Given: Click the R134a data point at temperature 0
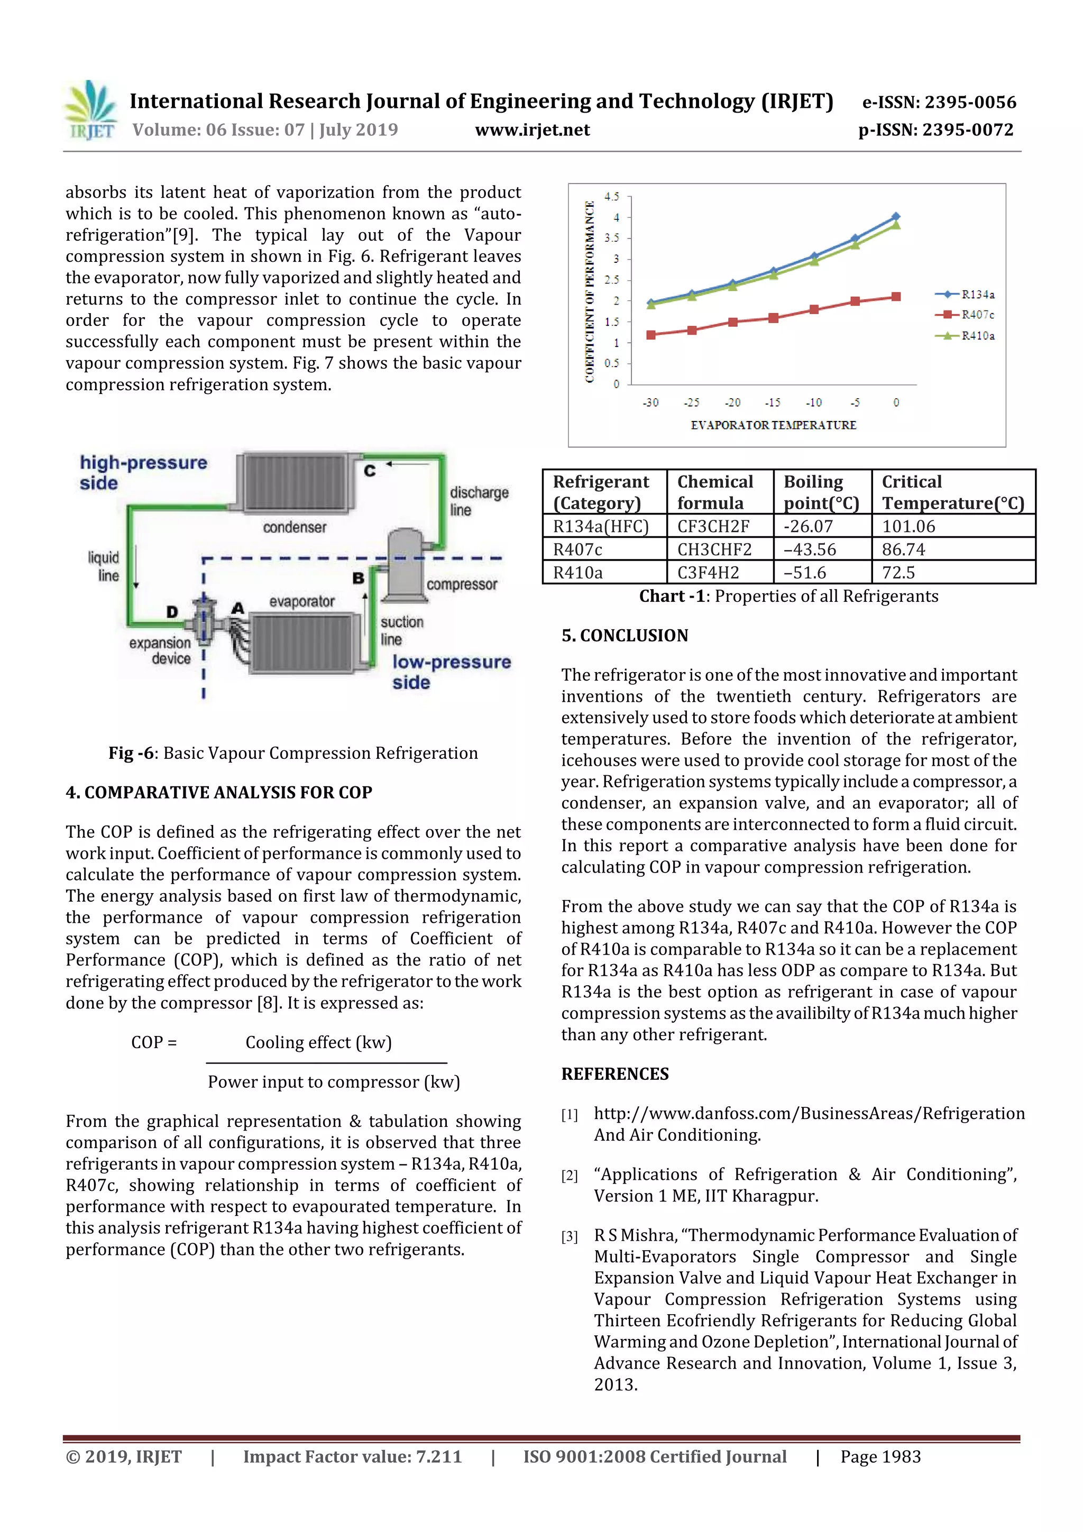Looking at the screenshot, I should tap(895, 216).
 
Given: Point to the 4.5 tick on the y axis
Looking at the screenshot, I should tap(612, 196).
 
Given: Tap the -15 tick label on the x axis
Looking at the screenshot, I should tap(773, 402).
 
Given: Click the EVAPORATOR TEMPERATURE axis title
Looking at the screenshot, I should tap(773, 425).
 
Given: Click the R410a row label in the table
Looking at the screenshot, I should tap(578, 573).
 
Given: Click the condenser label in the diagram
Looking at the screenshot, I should tap(294, 527).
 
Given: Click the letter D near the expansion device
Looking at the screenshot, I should tap(172, 611).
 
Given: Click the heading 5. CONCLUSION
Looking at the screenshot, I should tap(625, 635).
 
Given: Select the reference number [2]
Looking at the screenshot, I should tap(569, 1176).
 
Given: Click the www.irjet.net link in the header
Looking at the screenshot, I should tap(532, 130).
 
